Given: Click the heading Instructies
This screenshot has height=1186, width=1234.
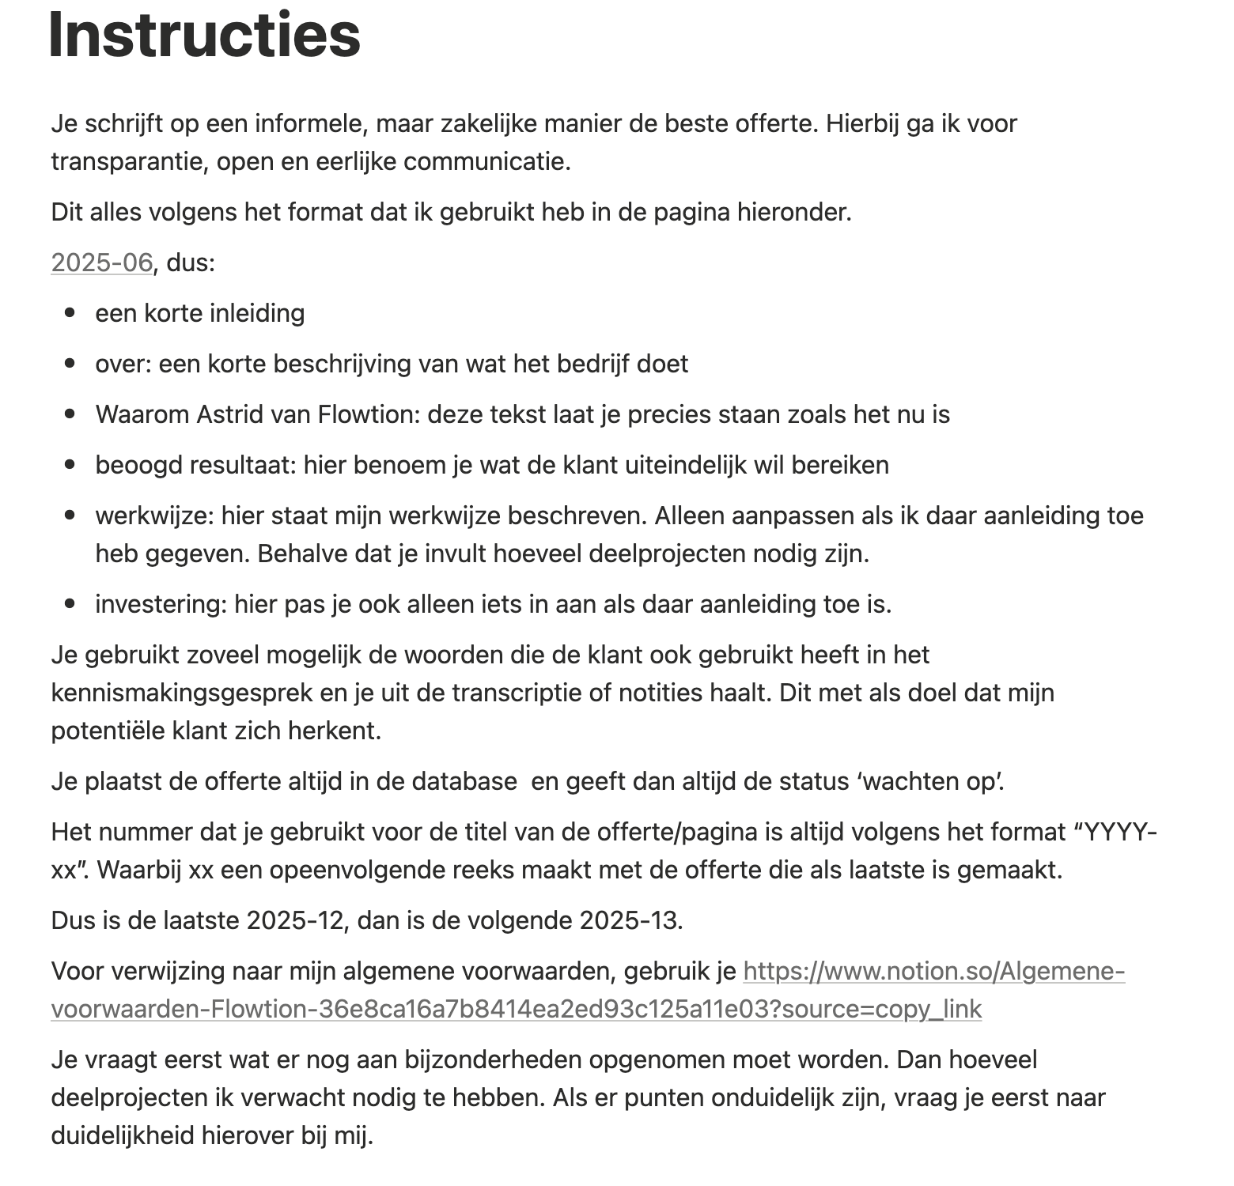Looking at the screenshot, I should [204, 36].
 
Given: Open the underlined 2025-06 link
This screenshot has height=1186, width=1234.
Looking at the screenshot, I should [101, 263].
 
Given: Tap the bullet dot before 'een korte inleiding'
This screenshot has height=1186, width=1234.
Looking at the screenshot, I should [70, 313].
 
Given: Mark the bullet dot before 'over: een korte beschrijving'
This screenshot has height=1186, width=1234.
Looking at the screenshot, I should [70, 364].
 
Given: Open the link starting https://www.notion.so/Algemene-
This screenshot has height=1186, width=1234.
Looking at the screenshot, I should [933, 971].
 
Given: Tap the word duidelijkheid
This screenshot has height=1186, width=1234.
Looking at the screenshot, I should [123, 1135].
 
